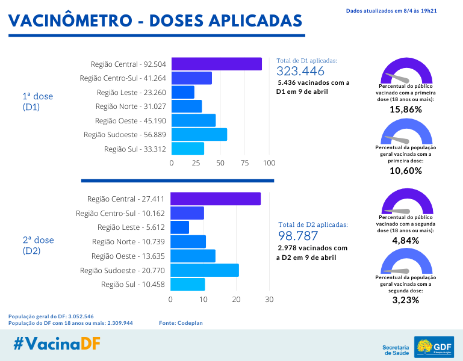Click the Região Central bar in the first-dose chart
coord(216,64)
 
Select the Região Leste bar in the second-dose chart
coord(179,227)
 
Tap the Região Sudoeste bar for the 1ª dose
coord(199,134)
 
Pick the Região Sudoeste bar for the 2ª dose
coord(204,270)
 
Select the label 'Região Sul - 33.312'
coord(135,149)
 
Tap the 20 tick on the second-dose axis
coord(236,299)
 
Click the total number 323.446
coord(300,72)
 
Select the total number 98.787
coord(297,236)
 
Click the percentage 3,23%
coord(405,300)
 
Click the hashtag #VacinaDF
coord(57,344)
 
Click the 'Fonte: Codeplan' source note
coord(181,323)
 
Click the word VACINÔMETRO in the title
coord(69,20)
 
